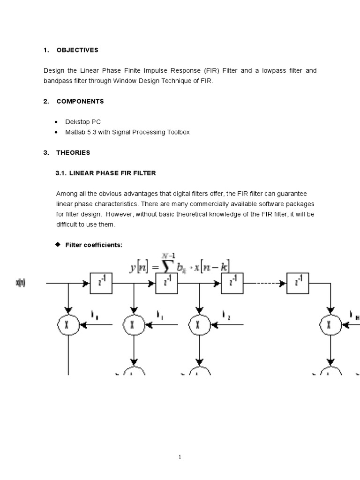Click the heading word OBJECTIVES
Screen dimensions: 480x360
point(77,50)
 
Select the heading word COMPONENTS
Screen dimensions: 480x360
point(80,101)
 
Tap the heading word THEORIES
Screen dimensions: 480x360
point(73,152)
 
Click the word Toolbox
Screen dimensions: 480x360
point(177,132)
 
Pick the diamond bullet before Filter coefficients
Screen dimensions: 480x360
point(58,244)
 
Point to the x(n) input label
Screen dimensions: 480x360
point(21,283)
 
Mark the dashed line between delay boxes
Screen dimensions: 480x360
point(263,283)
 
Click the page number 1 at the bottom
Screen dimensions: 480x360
point(180,457)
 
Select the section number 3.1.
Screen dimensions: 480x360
point(61,173)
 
